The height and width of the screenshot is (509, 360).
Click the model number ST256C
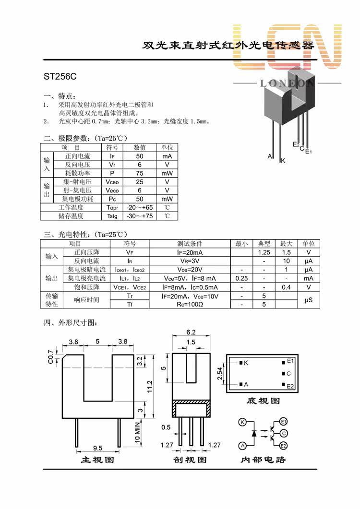60,77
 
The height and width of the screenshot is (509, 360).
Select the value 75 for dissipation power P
139,173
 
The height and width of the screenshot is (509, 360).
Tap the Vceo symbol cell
112,182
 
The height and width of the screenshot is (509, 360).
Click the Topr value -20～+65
139,207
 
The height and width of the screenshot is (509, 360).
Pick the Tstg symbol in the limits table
112,216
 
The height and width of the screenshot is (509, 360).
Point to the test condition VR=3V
190,261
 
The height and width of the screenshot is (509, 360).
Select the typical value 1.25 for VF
264,252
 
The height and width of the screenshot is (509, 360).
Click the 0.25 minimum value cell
241,279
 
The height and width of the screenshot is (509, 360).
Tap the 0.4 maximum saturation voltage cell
286,287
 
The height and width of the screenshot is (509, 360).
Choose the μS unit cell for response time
309,300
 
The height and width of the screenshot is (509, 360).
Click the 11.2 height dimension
150,386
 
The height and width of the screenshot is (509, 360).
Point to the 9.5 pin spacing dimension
97,448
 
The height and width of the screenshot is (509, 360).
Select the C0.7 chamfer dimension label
50,357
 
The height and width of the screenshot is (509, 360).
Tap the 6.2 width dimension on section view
191,332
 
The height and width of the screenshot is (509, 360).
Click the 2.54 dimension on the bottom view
220,374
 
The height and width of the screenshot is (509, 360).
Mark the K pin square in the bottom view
241,363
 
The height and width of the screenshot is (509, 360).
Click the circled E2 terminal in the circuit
283,446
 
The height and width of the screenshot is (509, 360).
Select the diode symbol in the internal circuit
254,433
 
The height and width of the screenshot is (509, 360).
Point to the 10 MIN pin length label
137,432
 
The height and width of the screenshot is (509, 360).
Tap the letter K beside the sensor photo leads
283,160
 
